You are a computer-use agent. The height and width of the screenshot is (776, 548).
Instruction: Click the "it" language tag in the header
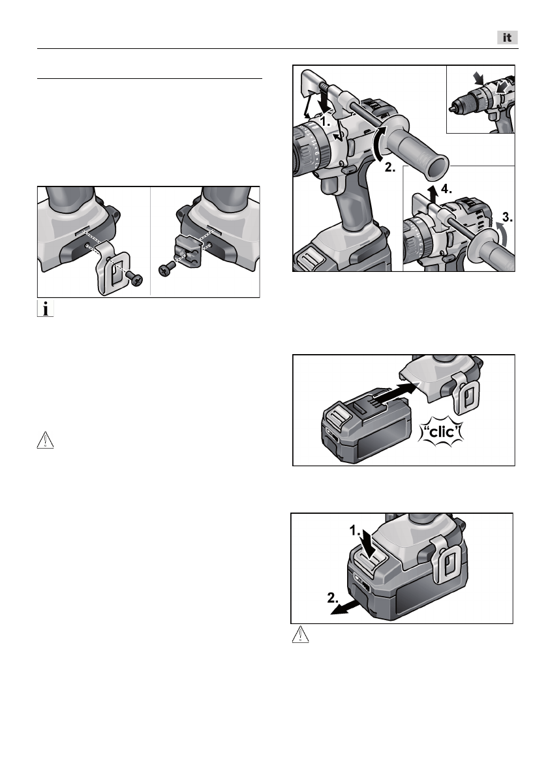tap(508, 38)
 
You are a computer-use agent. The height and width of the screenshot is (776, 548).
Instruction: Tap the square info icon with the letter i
tap(46, 309)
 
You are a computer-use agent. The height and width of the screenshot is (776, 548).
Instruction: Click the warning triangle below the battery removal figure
tap(301, 634)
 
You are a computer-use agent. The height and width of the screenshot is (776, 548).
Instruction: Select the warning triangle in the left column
tap(45, 440)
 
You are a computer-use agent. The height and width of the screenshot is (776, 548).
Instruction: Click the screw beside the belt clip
tap(134, 278)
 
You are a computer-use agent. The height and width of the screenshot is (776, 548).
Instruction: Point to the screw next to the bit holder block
tap(168, 269)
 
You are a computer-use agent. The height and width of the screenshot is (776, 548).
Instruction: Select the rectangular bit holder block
tap(190, 251)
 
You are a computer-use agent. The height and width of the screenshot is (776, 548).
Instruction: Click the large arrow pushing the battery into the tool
tap(395, 393)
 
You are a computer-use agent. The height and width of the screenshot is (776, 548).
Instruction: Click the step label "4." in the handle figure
tap(446, 188)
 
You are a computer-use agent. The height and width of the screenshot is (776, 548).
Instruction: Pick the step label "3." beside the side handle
tap(507, 216)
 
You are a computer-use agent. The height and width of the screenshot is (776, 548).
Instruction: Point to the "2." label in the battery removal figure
tap(333, 597)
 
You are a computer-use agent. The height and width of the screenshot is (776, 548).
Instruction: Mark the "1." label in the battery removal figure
tap(356, 531)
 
